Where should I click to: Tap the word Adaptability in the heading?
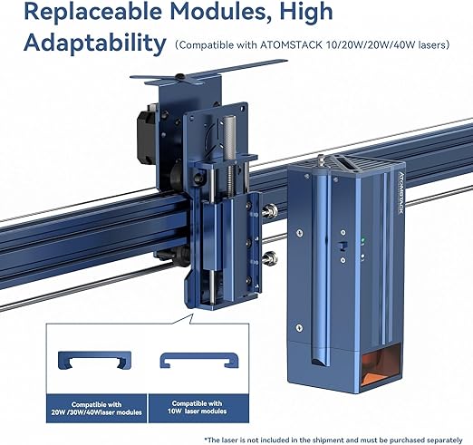95,44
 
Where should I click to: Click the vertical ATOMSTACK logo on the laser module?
401,193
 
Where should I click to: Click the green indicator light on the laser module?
363,240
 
